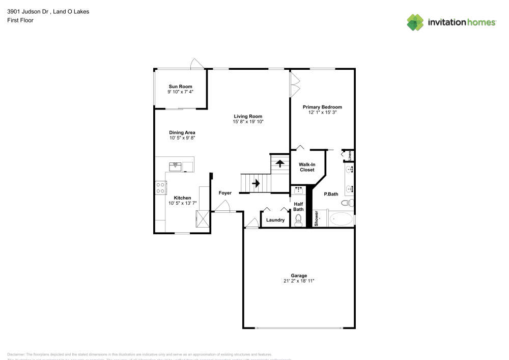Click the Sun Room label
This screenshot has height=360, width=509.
180,87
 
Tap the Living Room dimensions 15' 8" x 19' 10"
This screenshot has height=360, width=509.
248,122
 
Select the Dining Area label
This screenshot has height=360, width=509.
182,132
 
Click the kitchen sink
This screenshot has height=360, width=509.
175,165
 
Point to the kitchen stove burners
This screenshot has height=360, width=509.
160,188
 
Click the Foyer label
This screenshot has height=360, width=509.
225,193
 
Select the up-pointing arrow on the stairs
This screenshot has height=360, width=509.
279,164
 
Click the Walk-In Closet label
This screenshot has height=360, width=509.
307,167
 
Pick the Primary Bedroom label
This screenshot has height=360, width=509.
322,107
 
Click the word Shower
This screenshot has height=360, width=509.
316,218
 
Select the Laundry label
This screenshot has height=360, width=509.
275,220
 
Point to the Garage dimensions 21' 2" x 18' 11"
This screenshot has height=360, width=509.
299,281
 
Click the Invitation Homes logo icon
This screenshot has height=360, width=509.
415,22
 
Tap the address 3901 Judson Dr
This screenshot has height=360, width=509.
27,11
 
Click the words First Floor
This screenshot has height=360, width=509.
20,20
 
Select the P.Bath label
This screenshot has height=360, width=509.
331,194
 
